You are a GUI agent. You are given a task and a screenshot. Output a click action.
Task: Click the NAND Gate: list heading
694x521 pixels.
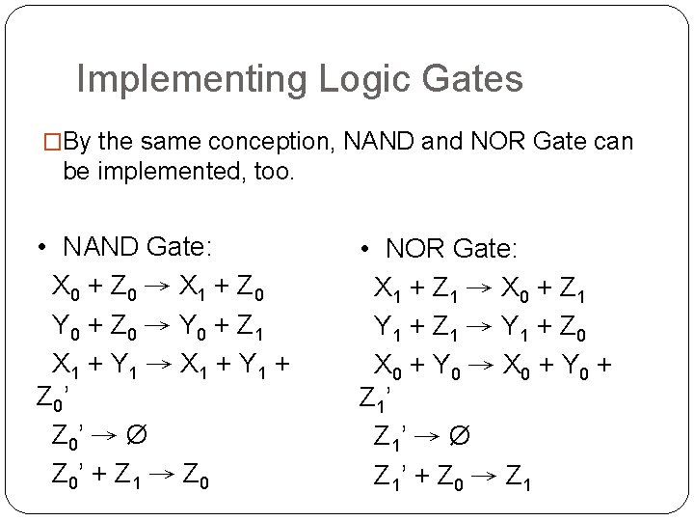pos(137,247)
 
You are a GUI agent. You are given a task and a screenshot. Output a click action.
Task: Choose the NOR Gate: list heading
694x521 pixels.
pos(452,249)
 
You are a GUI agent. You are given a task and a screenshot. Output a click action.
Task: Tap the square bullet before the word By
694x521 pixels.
pos(54,143)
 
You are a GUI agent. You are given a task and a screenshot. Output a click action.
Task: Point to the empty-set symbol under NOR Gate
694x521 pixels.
pos(460,439)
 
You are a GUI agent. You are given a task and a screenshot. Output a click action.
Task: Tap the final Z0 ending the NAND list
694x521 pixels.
pos(198,477)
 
